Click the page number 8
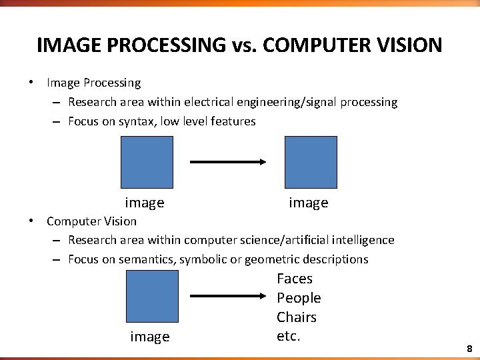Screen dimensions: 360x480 coord(469,349)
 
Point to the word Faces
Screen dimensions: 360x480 coord(295,279)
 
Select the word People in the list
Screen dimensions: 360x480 coord(299,298)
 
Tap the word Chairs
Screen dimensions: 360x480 coord(297,317)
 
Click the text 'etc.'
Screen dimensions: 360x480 coord(289,336)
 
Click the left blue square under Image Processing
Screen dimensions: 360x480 coord(147,162)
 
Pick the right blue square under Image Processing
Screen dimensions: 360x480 coord(311,162)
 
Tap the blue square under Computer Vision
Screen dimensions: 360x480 coord(152,296)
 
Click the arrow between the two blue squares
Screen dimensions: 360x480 coord(229,162)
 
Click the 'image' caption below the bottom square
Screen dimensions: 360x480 coord(150,337)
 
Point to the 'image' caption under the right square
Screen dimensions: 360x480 coord(309,203)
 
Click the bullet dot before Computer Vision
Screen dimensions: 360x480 coord(31,221)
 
